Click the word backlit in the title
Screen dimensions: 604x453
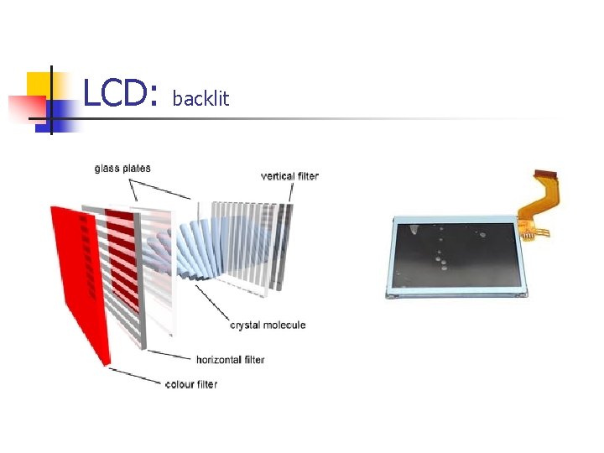pos(200,99)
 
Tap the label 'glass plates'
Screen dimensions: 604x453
pos(122,168)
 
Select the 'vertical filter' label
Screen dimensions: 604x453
pos(289,176)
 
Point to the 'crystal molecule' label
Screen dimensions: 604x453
pos(268,325)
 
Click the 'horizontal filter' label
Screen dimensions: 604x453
pos(230,360)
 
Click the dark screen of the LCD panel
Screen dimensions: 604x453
pos(457,255)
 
